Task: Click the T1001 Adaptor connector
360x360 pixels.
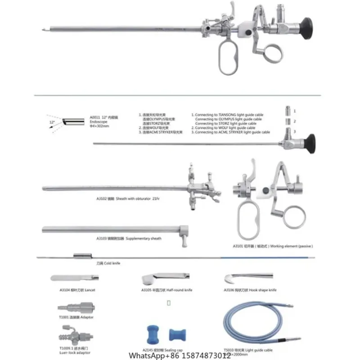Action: point(72,310)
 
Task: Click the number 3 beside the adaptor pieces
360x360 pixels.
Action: point(295,130)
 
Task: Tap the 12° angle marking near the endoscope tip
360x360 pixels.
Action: point(52,122)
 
